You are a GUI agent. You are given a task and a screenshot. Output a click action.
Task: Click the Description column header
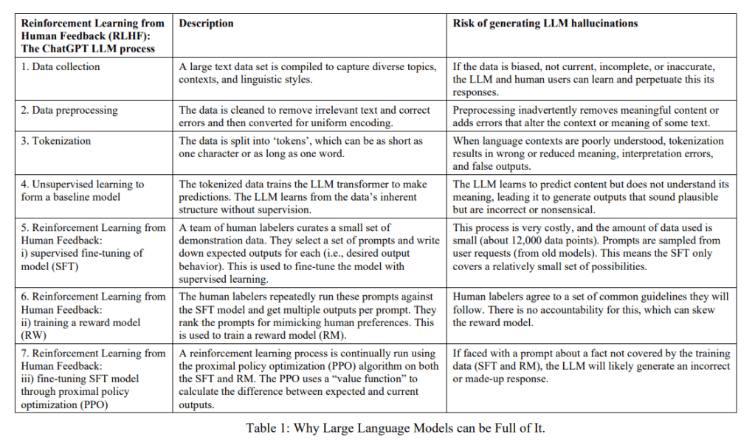[x=206, y=24]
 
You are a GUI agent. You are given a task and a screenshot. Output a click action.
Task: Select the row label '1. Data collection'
[x=61, y=66]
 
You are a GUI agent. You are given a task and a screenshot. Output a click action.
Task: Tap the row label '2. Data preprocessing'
[x=69, y=110]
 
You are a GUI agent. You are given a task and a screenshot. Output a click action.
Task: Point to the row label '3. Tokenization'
[x=56, y=141]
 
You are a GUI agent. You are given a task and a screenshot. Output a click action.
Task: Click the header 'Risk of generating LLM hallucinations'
[x=545, y=24]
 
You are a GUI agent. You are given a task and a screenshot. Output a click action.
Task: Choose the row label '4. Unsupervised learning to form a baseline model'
[x=83, y=191]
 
